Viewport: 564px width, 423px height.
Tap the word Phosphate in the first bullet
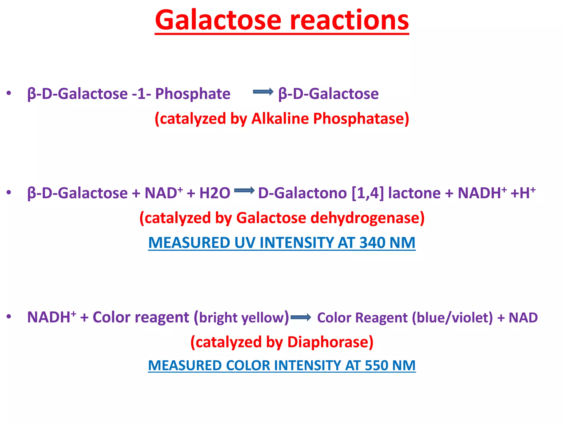[193, 94]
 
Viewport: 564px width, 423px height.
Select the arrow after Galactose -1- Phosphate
[263, 92]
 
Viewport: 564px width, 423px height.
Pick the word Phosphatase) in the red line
[361, 119]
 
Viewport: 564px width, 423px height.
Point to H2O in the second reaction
[215, 193]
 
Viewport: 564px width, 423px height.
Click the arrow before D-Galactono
[244, 191]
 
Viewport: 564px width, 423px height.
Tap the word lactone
[414, 193]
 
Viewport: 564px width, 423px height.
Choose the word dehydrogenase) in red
[368, 218]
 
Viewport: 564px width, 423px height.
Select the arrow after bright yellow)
[301, 318]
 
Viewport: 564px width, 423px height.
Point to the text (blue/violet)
[452, 318]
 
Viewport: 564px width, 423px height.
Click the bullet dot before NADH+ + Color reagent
[9, 317]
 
